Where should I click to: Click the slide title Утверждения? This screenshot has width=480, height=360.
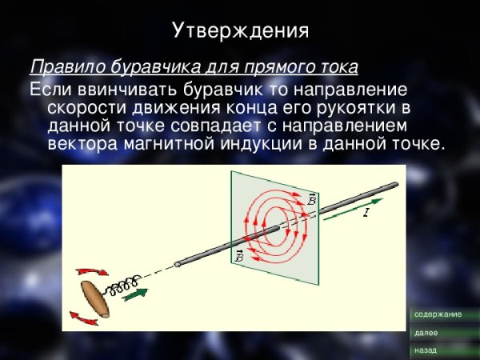pyautogui.click(x=240, y=30)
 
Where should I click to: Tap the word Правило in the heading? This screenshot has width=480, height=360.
pyautogui.click(x=61, y=65)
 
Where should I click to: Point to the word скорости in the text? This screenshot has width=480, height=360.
pyautogui.click(x=83, y=106)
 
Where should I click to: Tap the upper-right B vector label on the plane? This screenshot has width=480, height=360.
pyautogui.click(x=310, y=198)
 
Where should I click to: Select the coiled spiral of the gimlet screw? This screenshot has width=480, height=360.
pyautogui.click(x=127, y=285)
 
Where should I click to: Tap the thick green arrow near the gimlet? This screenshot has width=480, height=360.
pyautogui.click(x=137, y=294)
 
